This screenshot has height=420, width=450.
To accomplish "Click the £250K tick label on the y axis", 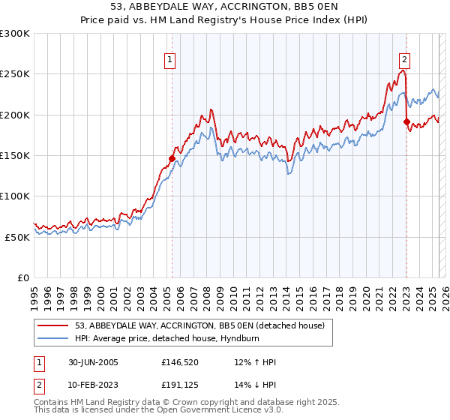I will click(x=15, y=74).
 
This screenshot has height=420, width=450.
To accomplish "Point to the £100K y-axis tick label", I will click(x=15, y=196).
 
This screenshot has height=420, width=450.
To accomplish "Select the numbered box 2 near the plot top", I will click(x=405, y=61).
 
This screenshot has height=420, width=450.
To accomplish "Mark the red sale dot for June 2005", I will click(x=172, y=158).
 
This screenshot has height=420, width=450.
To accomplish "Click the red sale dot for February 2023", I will click(x=406, y=122).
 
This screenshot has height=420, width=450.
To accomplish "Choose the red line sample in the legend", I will click(x=53, y=325).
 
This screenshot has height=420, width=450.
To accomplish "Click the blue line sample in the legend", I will click(x=53, y=339).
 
